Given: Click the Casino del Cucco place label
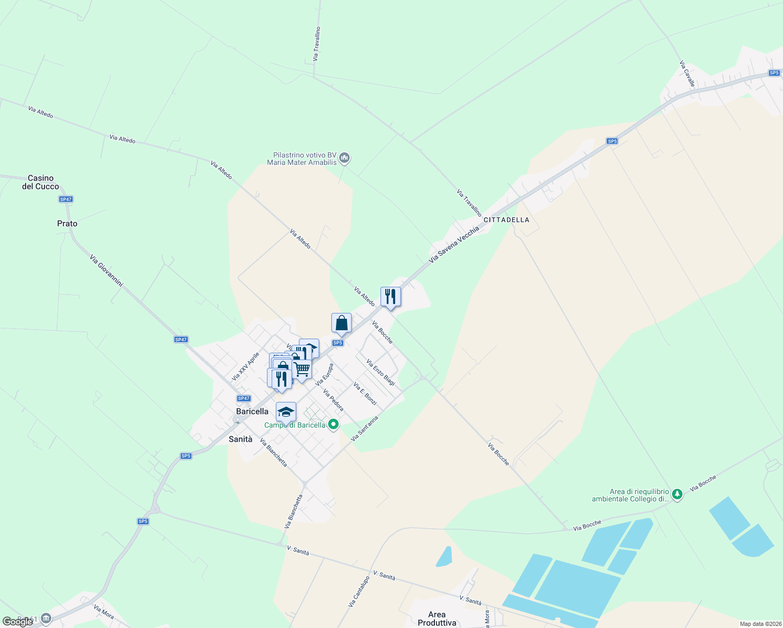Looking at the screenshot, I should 40,182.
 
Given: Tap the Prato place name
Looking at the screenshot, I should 67,223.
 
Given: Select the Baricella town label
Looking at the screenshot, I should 252,411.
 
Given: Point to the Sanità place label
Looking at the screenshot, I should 240,439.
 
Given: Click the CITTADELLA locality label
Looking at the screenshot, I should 506,220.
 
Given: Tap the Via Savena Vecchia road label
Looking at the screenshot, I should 454,244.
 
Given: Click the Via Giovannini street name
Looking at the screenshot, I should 106,271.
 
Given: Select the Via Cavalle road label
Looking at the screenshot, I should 687,74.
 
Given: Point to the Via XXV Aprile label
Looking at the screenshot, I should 245,366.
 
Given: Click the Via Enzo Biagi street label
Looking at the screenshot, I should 381,373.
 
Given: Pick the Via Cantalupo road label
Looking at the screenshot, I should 359,592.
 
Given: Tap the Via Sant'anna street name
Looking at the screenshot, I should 364,429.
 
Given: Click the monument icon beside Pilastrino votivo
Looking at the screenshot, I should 344,158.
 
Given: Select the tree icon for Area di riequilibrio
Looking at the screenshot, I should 677,494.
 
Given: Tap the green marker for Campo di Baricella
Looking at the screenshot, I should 333,425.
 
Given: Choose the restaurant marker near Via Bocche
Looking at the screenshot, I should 390,297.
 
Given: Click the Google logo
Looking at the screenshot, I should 17,622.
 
